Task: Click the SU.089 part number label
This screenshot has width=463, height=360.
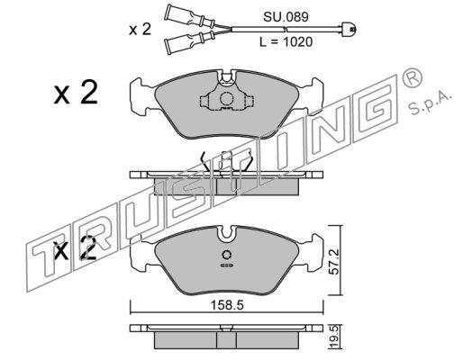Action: pos(286,17)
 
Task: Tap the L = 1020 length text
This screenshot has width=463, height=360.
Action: pos(286,41)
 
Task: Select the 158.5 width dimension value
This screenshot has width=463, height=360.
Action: pos(227,305)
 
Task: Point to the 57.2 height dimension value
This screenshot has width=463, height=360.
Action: pos(335,261)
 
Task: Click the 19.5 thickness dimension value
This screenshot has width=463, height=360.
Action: pos(335,338)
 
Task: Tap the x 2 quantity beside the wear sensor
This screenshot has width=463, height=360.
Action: pos(140,30)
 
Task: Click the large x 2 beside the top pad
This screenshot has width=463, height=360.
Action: pos(76,93)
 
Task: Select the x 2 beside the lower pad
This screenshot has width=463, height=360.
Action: pos(74,247)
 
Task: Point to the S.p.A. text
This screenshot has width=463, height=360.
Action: pos(430,104)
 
